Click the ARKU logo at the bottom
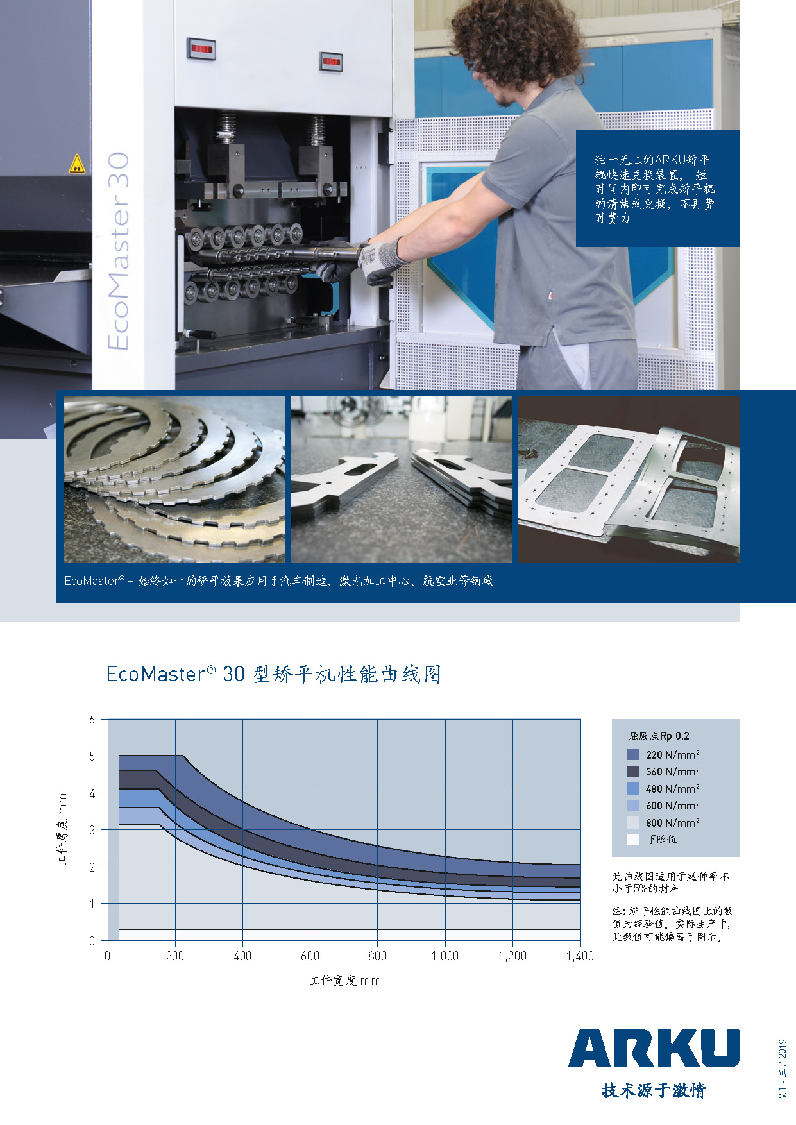654,1048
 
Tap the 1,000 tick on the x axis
445,956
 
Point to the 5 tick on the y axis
92,756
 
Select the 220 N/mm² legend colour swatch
633,754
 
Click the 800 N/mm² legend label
672,822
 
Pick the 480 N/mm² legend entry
663,788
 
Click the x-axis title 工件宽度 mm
345,981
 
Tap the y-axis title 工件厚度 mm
62,829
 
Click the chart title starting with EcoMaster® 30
274,674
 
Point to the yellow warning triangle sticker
76,164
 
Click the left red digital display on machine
201,49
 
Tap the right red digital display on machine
331,62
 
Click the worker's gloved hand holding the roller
380,260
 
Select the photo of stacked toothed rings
174,479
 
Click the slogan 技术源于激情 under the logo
654,1090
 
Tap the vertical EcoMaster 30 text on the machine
119,251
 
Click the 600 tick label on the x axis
310,956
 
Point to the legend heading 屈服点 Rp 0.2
659,736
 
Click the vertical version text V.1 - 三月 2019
782,1069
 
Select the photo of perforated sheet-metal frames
629,479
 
